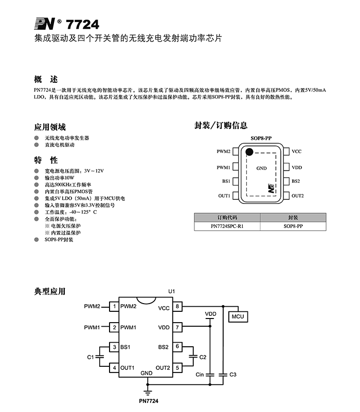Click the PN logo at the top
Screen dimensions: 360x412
pyautogui.click(x=45, y=24)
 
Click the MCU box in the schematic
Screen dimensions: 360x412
pyautogui.click(x=238, y=316)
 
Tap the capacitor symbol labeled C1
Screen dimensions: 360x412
pyautogui.click(x=99, y=357)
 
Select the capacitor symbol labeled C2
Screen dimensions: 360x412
pyautogui.click(x=193, y=357)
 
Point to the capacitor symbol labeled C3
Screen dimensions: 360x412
pyautogui.click(x=223, y=374)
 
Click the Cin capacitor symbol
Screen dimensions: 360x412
pyautogui.click(x=210, y=374)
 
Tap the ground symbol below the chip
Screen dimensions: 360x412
pyautogui.click(x=148, y=394)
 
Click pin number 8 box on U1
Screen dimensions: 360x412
pyautogui.click(x=177, y=306)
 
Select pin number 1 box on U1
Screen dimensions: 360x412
pyautogui.click(x=114, y=306)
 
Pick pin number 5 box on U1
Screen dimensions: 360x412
pyautogui.click(x=177, y=368)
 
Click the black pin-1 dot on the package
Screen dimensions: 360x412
pyautogui.click(x=249, y=152)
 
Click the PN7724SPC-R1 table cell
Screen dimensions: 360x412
pyautogui.click(x=227, y=226)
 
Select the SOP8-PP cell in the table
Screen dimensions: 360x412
pyautogui.click(x=293, y=226)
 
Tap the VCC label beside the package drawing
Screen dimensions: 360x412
pyautogui.click(x=297, y=152)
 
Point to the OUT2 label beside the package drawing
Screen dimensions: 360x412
pyautogui.click(x=297, y=196)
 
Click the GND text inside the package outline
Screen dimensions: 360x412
pyautogui.click(x=261, y=168)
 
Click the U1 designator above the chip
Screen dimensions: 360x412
pyautogui.click(x=171, y=291)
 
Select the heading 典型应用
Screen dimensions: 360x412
pyautogui.click(x=50, y=291)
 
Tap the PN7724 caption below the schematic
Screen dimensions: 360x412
pyautogui.click(x=149, y=401)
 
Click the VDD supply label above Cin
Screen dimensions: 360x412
pyautogui.click(x=210, y=314)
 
